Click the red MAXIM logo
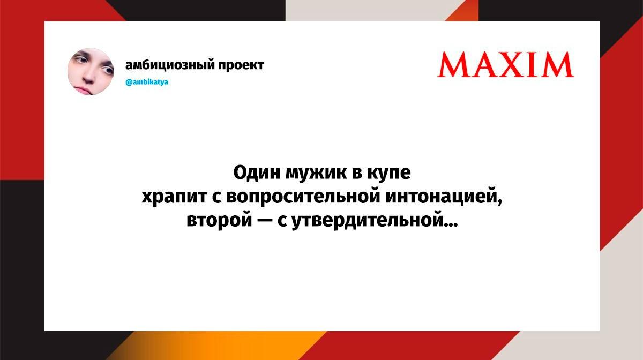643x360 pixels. [506, 64]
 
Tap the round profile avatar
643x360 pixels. [91, 71]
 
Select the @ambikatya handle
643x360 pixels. [147, 82]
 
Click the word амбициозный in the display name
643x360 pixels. [170, 65]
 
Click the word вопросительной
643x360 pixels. [303, 198]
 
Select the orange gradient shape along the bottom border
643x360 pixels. [218, 346]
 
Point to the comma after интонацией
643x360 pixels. [500, 202]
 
